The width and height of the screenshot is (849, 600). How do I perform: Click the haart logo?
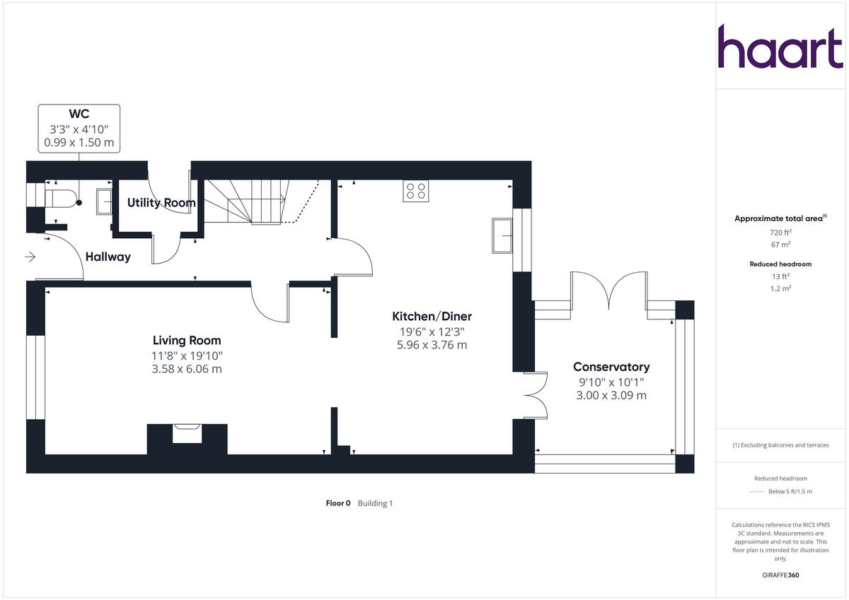[x=780, y=47]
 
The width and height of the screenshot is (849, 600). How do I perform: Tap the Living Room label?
[x=187, y=340]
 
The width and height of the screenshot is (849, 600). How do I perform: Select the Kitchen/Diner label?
[x=432, y=316]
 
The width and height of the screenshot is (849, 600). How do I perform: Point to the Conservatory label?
[x=611, y=367]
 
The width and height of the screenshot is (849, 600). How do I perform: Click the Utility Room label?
[x=161, y=203]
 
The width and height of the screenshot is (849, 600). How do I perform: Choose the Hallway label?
[x=108, y=257]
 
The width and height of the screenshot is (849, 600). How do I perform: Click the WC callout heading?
[x=79, y=114]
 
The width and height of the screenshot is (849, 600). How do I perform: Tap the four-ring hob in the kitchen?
[x=415, y=191]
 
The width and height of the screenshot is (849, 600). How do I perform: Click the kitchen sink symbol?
[x=503, y=235]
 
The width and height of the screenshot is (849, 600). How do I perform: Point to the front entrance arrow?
[x=30, y=257]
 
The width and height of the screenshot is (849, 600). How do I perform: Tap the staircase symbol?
[x=255, y=201]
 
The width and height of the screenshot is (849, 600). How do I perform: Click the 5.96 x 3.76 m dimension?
[x=432, y=345]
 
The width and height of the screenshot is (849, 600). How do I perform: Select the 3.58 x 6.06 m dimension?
[x=187, y=369]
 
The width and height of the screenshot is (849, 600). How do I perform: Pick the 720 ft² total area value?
[x=780, y=232]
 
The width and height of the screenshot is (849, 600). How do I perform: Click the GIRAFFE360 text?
[x=780, y=575]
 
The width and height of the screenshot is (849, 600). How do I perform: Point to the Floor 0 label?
[x=338, y=503]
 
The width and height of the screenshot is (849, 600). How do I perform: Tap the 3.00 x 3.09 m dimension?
[x=611, y=395]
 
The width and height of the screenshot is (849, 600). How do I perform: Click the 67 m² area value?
[x=780, y=245]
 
